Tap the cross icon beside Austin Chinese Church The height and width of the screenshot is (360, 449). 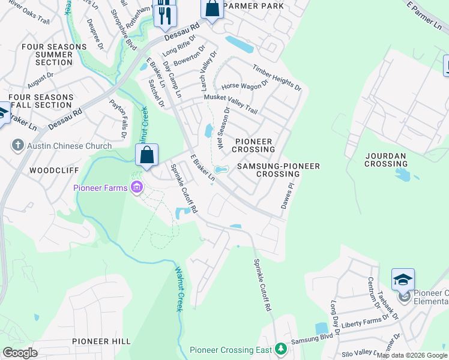[18, 146]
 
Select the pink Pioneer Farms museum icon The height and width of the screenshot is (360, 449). [137, 188]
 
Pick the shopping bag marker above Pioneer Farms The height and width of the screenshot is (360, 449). [146, 155]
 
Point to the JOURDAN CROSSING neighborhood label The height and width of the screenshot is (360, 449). [385, 160]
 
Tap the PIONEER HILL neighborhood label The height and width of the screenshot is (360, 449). [101, 341]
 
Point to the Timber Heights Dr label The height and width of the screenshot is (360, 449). [277, 78]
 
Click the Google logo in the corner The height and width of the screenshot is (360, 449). [20, 352]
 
